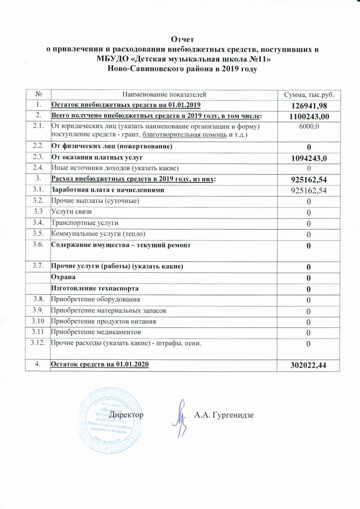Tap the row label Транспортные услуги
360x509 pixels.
pos(84,222)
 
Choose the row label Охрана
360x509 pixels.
pos(64,277)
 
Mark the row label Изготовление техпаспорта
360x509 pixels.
pos(95,288)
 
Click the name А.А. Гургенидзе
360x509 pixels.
pos(223,414)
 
